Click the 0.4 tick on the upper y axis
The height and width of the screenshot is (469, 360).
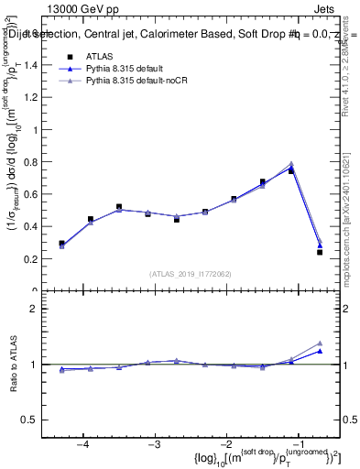tap(34, 226)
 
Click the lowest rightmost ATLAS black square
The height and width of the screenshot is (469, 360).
tap(320, 252)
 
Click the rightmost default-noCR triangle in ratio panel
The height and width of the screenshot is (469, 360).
tap(320, 343)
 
